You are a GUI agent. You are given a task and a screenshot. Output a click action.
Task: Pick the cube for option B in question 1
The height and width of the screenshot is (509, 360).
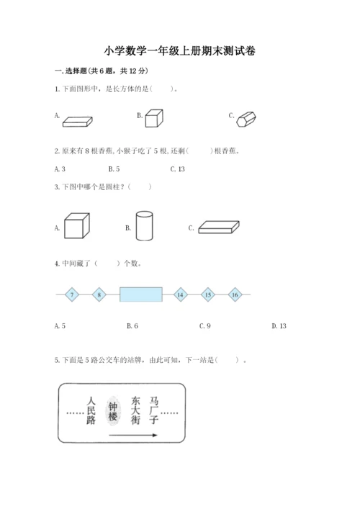coord(152,118)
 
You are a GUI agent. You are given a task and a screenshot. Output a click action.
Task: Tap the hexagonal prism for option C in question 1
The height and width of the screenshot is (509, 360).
coord(247,119)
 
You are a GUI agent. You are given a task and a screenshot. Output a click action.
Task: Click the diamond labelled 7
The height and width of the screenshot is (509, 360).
coord(72,294)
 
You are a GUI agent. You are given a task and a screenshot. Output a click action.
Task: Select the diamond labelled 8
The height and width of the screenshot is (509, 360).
coord(99,294)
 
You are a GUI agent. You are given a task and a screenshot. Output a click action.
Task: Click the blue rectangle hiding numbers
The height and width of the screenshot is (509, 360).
coord(140,294)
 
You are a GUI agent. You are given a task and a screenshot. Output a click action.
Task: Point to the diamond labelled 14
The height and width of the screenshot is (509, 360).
coord(180,294)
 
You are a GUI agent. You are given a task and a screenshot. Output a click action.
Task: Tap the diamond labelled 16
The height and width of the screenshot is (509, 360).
coord(235,294)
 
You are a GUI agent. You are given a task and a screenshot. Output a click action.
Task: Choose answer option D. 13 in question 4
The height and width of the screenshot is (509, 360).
coord(279,326)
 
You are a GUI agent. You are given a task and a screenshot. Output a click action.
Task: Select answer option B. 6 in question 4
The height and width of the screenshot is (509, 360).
coord(132,326)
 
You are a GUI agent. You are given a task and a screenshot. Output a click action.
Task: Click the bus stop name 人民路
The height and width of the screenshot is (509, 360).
coord(90,412)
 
